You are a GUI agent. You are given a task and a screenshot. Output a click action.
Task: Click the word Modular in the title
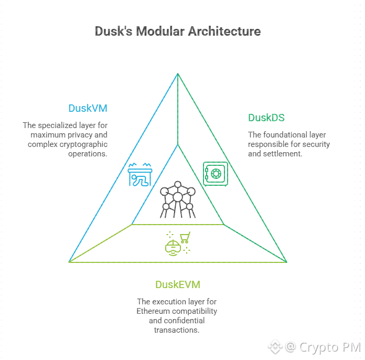pos(158,31)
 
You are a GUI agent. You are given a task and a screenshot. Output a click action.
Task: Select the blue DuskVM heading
pos(88,109)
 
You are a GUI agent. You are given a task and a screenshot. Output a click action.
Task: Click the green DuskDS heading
pos(266,118)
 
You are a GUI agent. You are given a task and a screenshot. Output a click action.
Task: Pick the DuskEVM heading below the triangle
pos(177,285)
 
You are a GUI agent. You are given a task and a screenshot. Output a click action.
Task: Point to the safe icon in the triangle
pos(215,173)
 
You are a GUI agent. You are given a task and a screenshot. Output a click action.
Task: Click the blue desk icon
pos(140,175)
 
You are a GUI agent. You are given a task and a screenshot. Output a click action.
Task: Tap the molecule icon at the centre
pos(178,200)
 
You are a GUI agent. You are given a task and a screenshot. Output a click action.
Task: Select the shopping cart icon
pos(185,238)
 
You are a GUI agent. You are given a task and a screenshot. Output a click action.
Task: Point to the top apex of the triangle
pos(178,74)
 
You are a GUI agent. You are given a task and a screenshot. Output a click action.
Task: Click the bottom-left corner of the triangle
pos(69,261)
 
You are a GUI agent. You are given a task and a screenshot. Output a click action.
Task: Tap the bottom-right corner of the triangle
pos(286,261)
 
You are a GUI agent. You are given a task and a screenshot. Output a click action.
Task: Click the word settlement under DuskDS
pos(284,154)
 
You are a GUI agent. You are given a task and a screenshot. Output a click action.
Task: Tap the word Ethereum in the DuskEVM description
pos(154,311)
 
